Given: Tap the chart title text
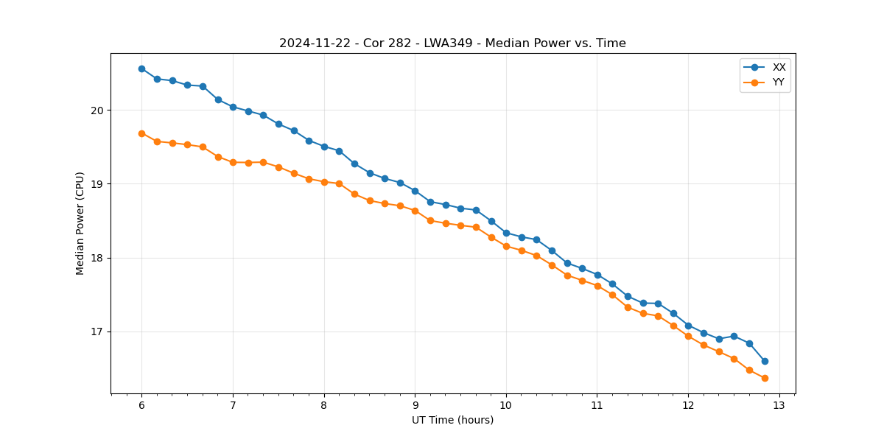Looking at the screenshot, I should coord(452,43).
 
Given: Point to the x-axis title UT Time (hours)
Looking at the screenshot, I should coord(452,420).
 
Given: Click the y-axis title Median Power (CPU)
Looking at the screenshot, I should coord(80,223).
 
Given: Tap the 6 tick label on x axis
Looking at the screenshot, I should coord(141,406).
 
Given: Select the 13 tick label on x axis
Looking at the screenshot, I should coord(779,406).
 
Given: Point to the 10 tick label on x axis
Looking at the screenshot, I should coord(506,406).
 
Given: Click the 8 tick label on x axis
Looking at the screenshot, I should coord(324,406).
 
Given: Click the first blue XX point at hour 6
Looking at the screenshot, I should coord(141,69).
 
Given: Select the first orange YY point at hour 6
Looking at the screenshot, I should coord(141,133).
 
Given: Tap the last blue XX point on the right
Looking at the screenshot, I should coord(765,361).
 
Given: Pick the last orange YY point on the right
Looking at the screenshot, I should coord(765,378).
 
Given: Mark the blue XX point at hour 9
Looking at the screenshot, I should coord(415,191).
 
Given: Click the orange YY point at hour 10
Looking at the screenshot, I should coord(506,246).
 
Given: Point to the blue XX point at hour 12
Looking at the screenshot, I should coord(688,326).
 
